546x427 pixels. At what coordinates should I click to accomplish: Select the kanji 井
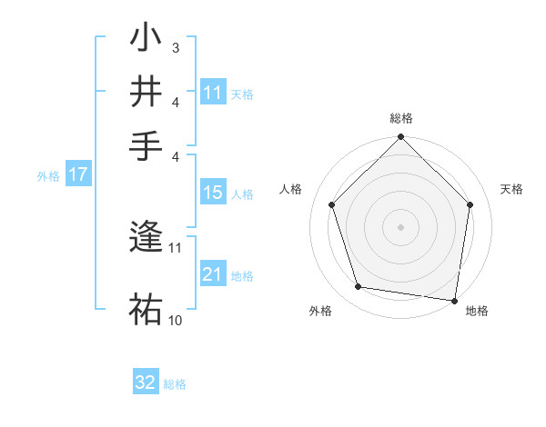pos(146,92)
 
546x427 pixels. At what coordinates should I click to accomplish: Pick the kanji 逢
pos(146,238)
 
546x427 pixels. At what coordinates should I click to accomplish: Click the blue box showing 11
pos(213,93)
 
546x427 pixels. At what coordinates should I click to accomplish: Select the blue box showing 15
pos(213,193)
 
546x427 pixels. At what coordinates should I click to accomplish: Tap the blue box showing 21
pos(213,274)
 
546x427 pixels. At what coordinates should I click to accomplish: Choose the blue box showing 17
pos(78,175)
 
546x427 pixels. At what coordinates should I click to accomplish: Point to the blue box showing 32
pos(146,382)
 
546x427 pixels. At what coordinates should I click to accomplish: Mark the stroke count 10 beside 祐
pos(176,320)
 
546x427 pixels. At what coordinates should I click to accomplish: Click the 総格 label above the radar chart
pos(401,118)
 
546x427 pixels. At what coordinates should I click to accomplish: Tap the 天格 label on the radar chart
pos(511,189)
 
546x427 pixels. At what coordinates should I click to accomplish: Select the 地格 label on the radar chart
pos(477,311)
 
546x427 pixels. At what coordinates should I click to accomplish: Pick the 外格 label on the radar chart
pos(320,311)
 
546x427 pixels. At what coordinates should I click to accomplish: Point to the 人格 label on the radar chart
pos(291,189)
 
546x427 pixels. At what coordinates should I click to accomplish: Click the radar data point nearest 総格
pos(401,138)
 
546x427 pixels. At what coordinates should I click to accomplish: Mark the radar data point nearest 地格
pos(455,300)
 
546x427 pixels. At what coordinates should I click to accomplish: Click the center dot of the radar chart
pos(401,226)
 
